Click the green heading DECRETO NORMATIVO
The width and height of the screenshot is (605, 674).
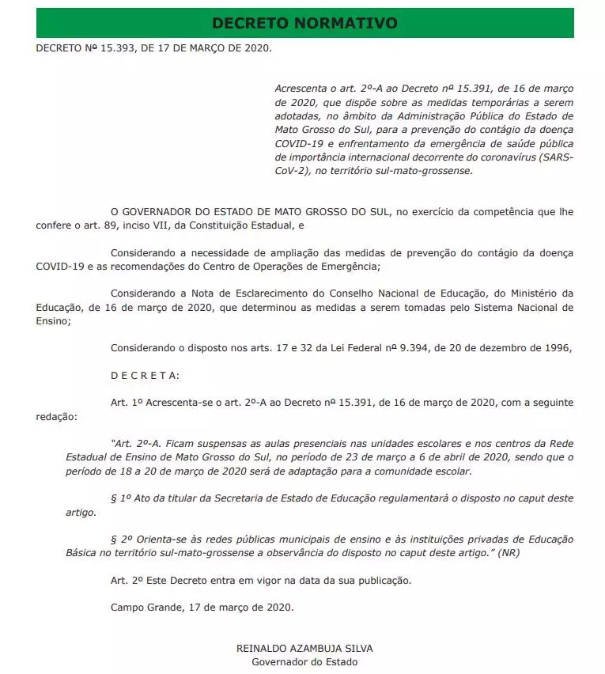click(304, 22)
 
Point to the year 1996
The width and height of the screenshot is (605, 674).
click(554, 347)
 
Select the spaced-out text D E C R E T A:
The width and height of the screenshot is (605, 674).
click(146, 374)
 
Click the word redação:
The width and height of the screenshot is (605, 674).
click(57, 415)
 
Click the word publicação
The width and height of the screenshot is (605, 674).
click(383, 580)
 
